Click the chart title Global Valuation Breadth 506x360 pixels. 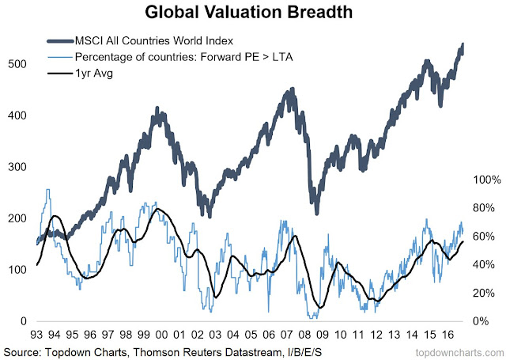(x=253, y=13)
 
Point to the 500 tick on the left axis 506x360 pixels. (x=18, y=63)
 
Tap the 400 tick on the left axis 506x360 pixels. (x=18, y=115)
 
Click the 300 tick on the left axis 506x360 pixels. (x=18, y=167)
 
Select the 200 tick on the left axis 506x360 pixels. (x=18, y=218)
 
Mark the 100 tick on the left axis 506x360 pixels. (x=18, y=270)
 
